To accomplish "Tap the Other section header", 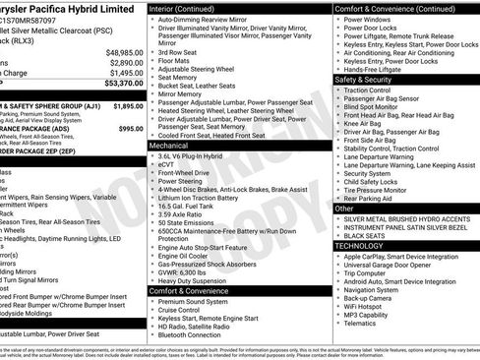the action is [345, 209].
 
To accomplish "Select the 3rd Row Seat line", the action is [183, 51].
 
